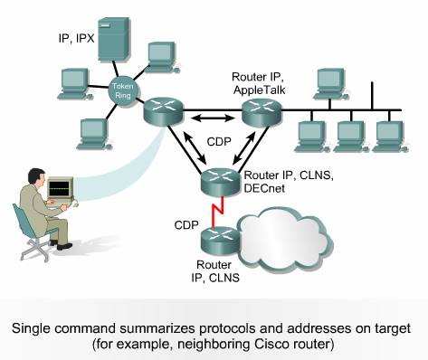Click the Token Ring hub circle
coord(121,90)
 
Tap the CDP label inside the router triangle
coord(217,142)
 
